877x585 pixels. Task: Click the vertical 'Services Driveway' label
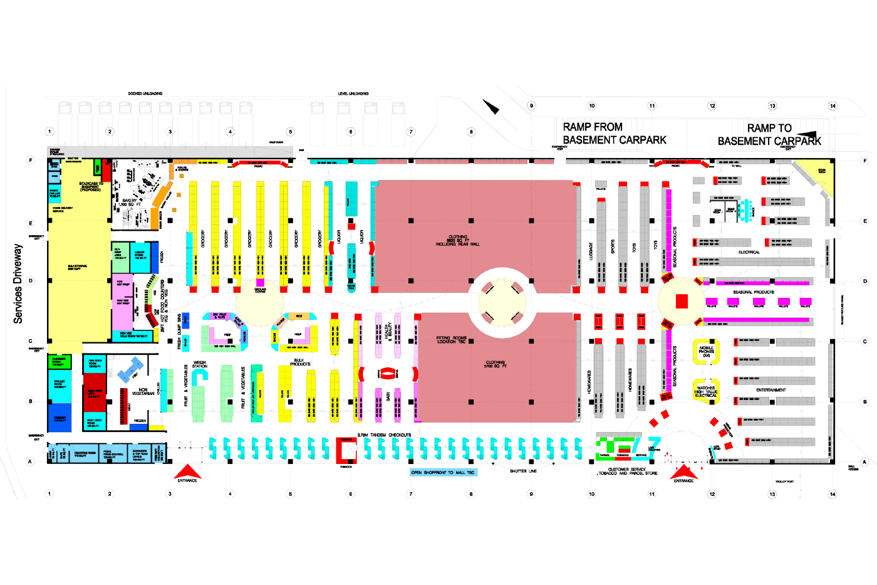tap(18, 283)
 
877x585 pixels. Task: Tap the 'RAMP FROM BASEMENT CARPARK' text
tap(614, 134)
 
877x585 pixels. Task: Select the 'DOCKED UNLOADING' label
tap(145, 93)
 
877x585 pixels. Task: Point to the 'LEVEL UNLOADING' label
tap(353, 93)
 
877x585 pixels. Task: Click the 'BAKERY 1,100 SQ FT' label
tap(130, 203)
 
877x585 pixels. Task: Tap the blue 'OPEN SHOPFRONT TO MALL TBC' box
tap(443, 472)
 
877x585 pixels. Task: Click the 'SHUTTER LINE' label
tap(523, 471)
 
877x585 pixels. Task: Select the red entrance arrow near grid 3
tap(187, 472)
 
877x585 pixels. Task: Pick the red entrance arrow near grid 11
tap(683, 472)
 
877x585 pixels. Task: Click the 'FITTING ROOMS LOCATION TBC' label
tap(451, 340)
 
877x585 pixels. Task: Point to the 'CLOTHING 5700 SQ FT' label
tap(496, 364)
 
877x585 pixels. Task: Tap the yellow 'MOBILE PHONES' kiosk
tap(706, 351)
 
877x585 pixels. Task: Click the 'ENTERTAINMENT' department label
tap(771, 390)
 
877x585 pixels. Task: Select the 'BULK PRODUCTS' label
tap(299, 362)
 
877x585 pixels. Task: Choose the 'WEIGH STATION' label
tap(199, 364)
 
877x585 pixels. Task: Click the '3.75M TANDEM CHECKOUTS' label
tap(384, 435)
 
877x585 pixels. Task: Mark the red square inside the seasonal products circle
tap(682, 301)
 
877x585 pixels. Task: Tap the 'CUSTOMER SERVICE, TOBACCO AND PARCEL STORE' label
tap(627, 471)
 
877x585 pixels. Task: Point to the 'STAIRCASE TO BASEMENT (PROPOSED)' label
tap(91, 186)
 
